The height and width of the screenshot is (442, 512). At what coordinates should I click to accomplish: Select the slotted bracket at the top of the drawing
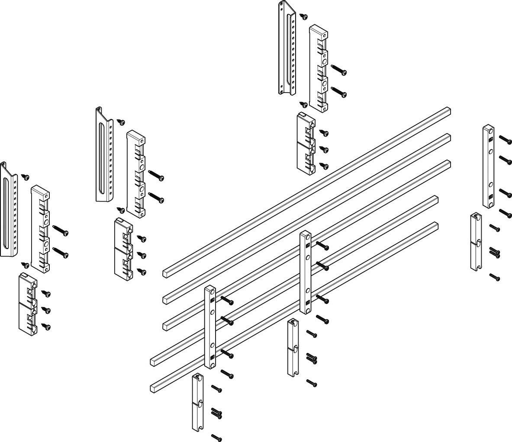[x=286, y=48]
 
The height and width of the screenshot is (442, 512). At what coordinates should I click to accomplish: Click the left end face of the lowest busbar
[x=153, y=388]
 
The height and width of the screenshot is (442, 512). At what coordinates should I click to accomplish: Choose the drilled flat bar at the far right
[x=488, y=167]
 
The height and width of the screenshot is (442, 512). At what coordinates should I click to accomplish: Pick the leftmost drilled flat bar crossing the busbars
[x=210, y=327]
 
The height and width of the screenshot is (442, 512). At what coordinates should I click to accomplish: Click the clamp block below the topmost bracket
[x=306, y=141]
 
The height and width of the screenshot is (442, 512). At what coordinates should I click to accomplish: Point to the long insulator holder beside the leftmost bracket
[x=40, y=229]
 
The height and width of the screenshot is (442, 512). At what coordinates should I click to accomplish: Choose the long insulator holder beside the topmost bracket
[x=319, y=68]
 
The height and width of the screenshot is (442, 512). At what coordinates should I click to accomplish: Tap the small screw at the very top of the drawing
[x=304, y=16]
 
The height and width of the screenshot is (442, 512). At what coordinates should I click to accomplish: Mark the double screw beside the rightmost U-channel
[x=495, y=253]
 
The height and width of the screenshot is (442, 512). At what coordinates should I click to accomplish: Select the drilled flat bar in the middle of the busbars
[x=306, y=272]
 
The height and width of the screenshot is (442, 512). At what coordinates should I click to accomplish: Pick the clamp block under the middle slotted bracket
[x=123, y=248]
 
